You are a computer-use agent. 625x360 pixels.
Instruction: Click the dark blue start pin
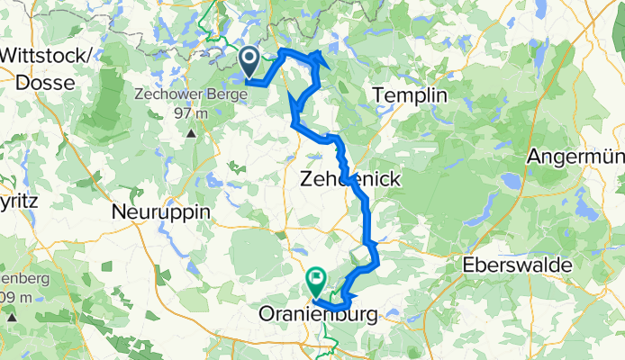click(x=249, y=60)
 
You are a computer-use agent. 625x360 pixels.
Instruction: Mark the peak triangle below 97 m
click(x=192, y=134)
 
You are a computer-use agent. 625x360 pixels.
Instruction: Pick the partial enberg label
click(x=17, y=275)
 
